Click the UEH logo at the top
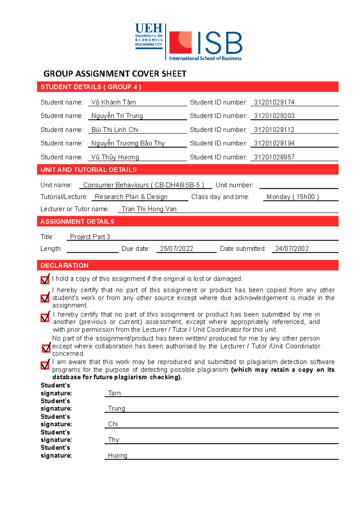point(149,36)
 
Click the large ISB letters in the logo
point(220,43)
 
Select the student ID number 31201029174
point(274,102)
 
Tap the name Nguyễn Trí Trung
point(117,116)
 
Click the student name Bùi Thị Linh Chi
point(115,129)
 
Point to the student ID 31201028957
point(274,157)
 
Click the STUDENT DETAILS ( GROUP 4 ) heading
point(91,87)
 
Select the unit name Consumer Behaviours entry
point(143,185)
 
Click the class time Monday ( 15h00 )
point(292,197)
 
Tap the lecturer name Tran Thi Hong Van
point(149,209)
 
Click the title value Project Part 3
point(90,237)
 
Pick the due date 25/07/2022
point(176,249)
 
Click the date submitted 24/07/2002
point(292,249)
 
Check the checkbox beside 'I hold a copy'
point(45,279)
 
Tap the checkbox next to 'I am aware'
point(45,365)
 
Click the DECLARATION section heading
point(64,265)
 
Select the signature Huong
point(117,455)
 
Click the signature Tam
point(114,393)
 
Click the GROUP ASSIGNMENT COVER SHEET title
point(115,74)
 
